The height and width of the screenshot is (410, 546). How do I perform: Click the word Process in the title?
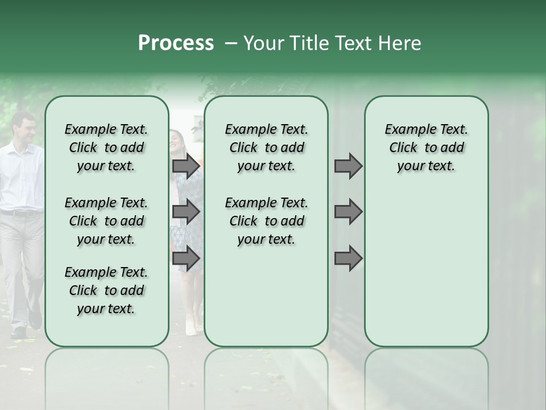(x=176, y=43)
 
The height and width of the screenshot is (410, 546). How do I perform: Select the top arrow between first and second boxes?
(x=185, y=166)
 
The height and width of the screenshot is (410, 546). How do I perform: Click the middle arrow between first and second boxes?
(x=185, y=212)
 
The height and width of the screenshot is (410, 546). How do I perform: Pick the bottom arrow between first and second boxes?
(x=185, y=259)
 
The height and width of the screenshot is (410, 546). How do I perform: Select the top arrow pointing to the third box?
(x=348, y=166)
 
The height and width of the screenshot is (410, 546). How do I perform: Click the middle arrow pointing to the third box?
(x=348, y=212)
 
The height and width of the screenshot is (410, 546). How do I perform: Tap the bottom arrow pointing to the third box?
(x=348, y=259)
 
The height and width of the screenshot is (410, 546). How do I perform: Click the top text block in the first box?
(x=106, y=147)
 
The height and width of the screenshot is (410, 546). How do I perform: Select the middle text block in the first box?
(x=106, y=221)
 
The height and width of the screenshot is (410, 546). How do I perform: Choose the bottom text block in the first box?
(x=106, y=290)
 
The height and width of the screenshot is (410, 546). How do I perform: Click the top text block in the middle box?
(x=266, y=147)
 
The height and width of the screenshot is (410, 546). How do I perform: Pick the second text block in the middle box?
(x=266, y=221)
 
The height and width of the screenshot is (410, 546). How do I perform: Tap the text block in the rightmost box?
(x=426, y=147)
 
